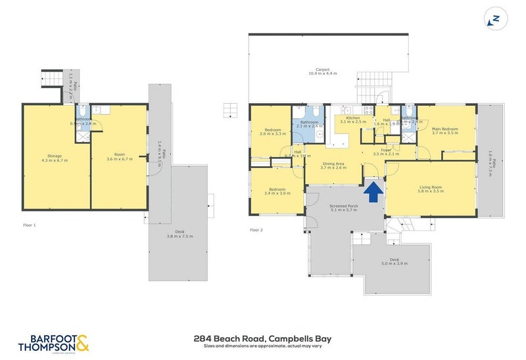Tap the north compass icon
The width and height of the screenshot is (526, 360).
(495, 18)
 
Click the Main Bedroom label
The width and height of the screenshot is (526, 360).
(444, 131)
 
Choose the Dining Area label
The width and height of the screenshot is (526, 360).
(333, 165)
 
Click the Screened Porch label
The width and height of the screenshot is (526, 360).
(343, 208)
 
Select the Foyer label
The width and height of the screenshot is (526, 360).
(386, 151)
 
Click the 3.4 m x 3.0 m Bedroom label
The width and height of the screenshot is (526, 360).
(276, 191)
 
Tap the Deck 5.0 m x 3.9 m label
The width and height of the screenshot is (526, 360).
(394, 261)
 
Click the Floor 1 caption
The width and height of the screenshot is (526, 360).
(29, 225)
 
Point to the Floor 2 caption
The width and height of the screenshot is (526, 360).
(256, 230)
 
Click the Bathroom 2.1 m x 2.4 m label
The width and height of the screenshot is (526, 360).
(309, 125)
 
